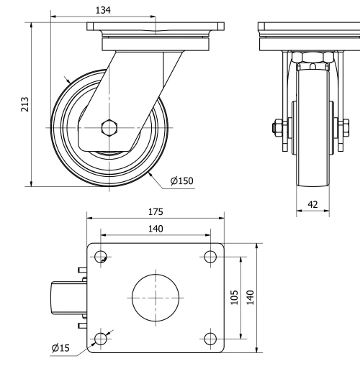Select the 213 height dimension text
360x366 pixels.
click(x=24, y=104)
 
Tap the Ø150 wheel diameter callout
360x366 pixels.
click(x=182, y=180)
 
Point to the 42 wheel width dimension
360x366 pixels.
click(x=313, y=204)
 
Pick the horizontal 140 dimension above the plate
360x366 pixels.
click(x=155, y=229)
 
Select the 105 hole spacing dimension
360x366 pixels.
click(x=234, y=297)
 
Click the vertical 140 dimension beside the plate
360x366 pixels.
click(x=251, y=297)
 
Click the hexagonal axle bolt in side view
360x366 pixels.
click(x=108, y=128)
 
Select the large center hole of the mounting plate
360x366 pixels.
click(x=155, y=296)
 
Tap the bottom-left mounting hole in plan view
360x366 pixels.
click(x=101, y=337)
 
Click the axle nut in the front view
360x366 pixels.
click(x=276, y=129)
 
